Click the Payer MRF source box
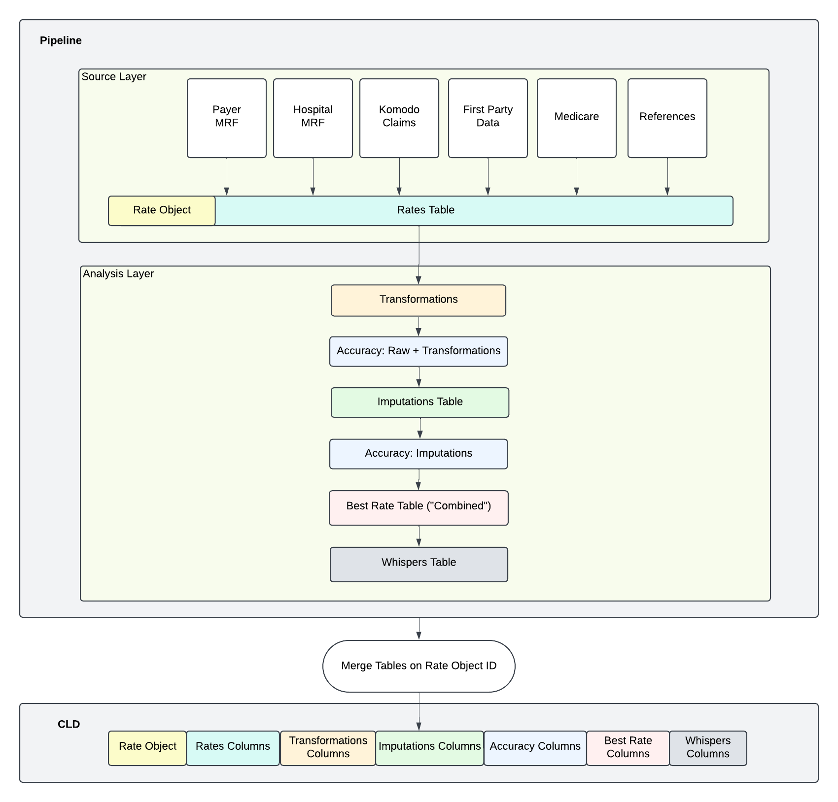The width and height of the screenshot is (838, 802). tap(226, 118)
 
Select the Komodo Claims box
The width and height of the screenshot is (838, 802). tap(399, 118)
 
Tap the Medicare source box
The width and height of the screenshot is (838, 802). tap(576, 118)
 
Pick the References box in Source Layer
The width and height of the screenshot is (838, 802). tap(667, 118)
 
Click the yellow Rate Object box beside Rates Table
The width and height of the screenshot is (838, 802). tap(162, 210)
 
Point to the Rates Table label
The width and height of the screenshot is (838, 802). tap(425, 210)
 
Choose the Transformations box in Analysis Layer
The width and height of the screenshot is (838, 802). tap(418, 300)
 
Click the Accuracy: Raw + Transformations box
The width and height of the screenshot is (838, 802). tap(418, 351)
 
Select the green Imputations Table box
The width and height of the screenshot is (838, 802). tap(419, 402)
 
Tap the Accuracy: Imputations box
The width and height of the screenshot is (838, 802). tap(418, 454)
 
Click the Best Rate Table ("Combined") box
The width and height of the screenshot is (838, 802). tap(418, 507)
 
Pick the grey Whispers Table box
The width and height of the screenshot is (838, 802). tap(419, 564)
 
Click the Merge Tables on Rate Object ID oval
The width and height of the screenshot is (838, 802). tap(419, 666)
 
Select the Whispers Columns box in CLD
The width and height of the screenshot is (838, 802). tap(707, 747)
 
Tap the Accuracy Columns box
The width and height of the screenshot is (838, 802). tap(535, 747)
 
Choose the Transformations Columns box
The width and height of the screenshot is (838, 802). tap(328, 747)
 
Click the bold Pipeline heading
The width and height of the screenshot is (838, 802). tap(61, 40)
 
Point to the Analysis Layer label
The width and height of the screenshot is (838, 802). tap(118, 274)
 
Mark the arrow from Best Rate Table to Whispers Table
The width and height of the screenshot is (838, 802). tap(419, 536)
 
